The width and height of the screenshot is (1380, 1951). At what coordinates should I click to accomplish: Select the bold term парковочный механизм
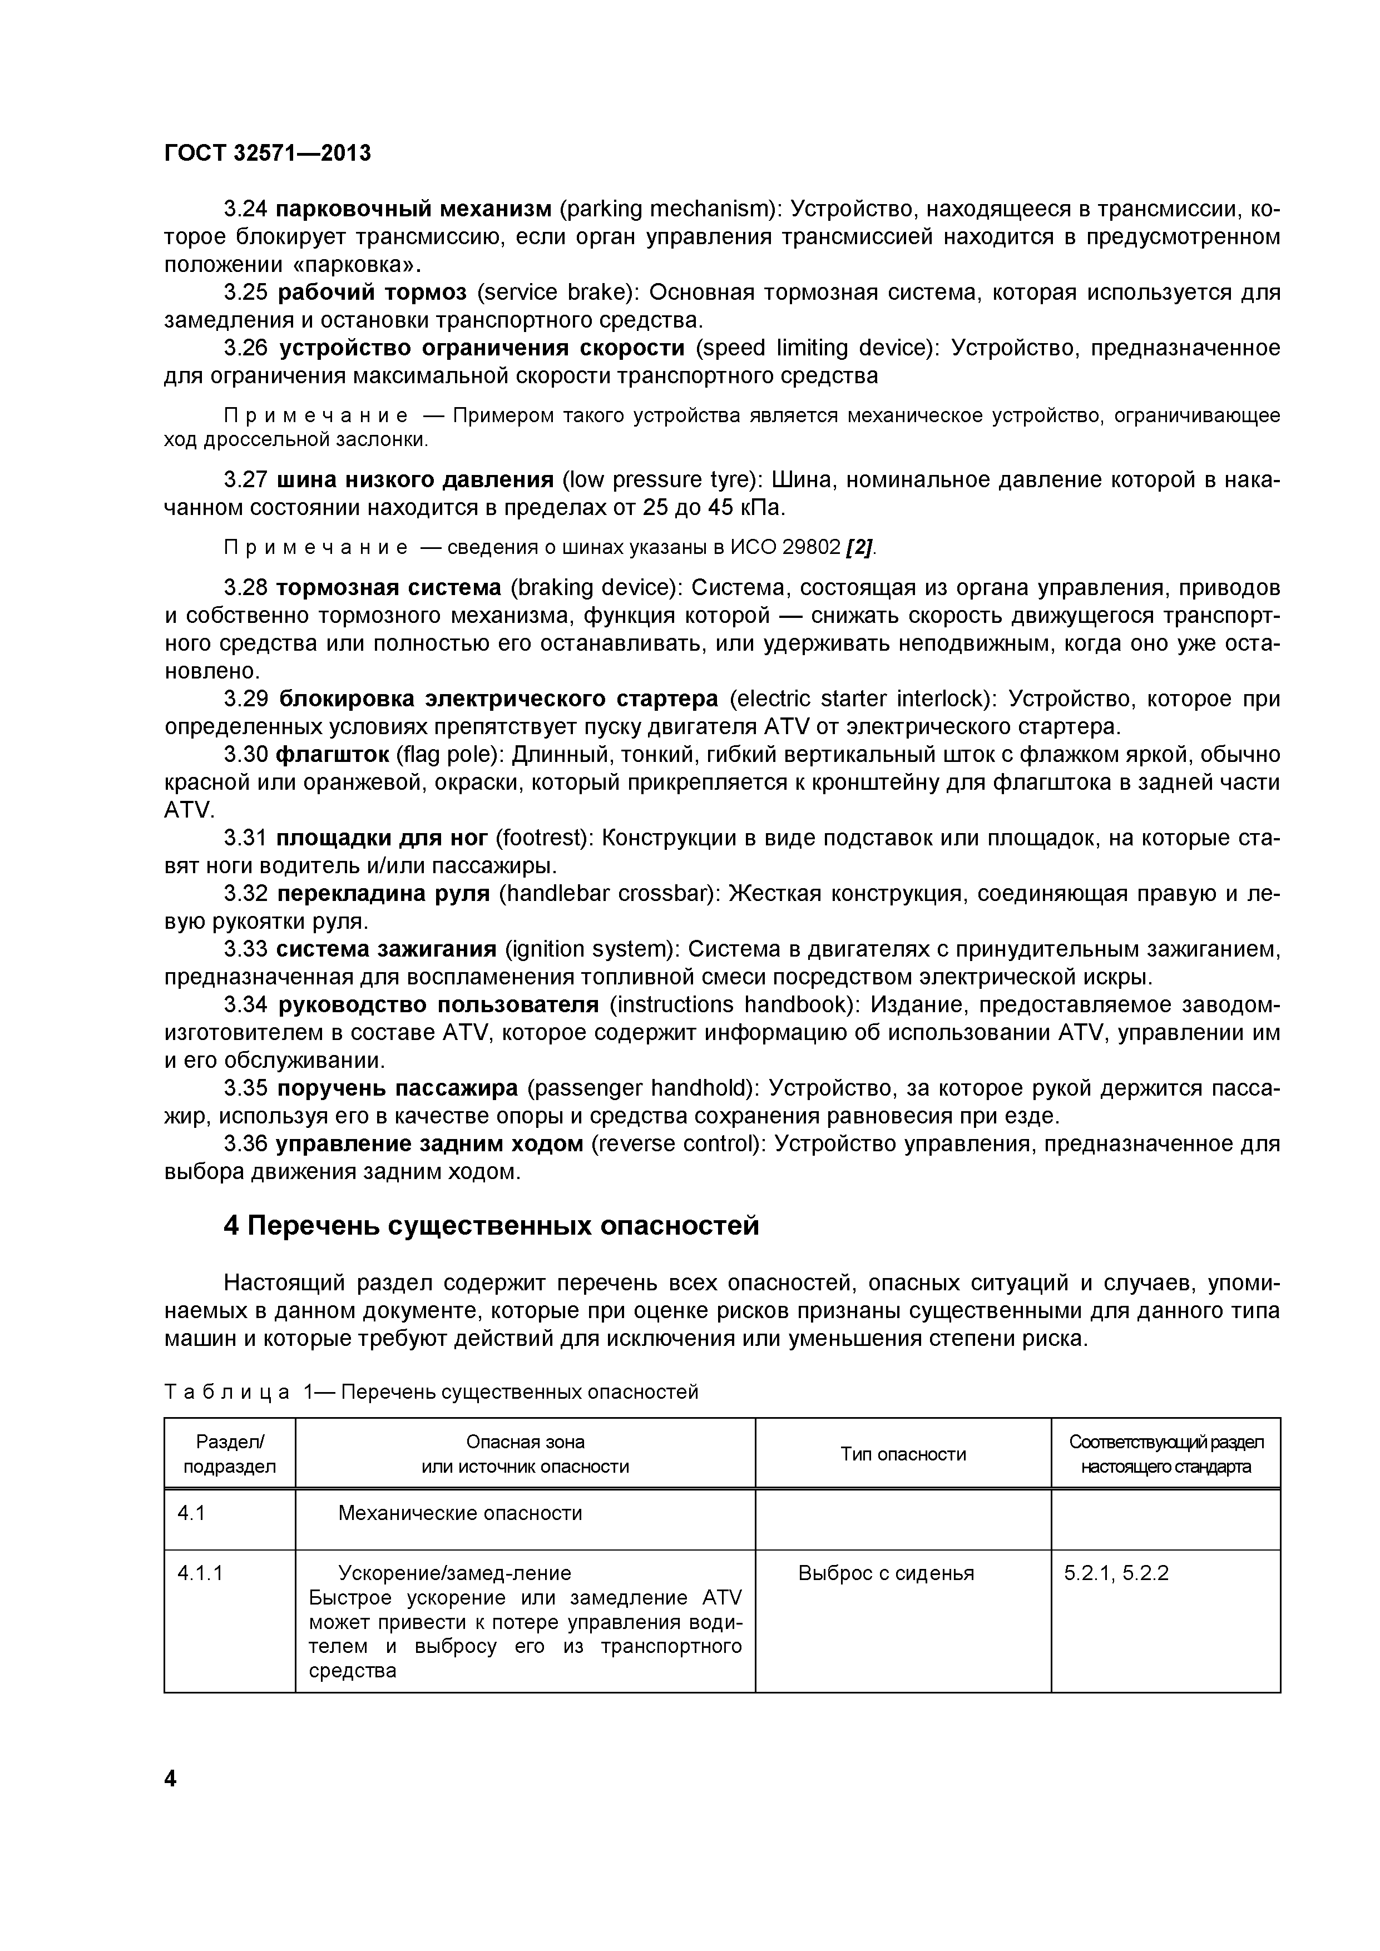(x=414, y=208)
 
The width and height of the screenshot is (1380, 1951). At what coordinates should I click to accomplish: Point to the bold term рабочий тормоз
(x=372, y=293)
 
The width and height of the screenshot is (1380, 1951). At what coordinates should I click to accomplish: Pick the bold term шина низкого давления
(x=415, y=480)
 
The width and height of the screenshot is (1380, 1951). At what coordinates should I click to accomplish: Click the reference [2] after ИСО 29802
(x=859, y=547)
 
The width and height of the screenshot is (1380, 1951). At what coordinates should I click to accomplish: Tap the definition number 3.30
(x=246, y=755)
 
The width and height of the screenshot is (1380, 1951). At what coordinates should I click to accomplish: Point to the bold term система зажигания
(x=386, y=949)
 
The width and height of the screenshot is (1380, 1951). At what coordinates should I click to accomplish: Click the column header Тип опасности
(x=903, y=1454)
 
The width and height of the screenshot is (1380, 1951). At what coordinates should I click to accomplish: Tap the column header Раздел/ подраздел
(x=229, y=1454)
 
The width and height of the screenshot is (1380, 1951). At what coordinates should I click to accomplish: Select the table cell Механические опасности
(x=459, y=1513)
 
